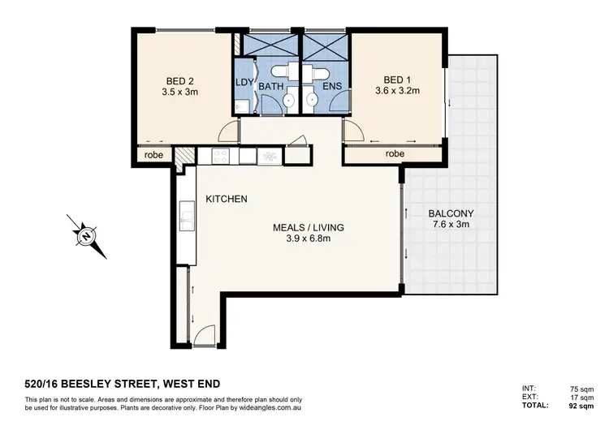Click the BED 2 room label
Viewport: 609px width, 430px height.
pos(179,80)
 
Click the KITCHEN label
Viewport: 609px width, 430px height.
pos(227,199)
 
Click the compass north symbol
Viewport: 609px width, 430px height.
pos(85,236)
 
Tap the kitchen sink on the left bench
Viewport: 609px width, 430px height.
pos(186,217)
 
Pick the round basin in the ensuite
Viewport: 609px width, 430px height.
pos(311,101)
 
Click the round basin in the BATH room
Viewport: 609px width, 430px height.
pos(287,101)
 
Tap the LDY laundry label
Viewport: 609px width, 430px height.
pos(244,83)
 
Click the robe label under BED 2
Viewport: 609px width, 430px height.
pos(154,155)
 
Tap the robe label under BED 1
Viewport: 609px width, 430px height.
pos(395,153)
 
